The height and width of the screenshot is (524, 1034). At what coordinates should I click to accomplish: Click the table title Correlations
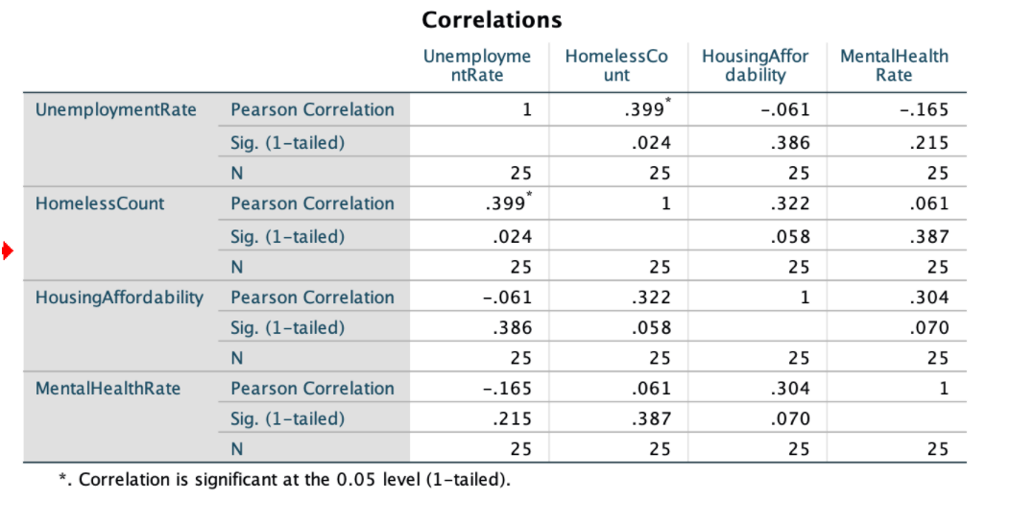(x=492, y=19)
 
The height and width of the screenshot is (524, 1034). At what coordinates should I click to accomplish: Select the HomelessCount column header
(x=616, y=65)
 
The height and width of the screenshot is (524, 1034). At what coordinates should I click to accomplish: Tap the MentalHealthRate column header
(x=894, y=65)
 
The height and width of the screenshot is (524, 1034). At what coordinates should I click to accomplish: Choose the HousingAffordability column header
(x=756, y=65)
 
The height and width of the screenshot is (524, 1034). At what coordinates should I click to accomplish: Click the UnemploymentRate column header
(x=476, y=65)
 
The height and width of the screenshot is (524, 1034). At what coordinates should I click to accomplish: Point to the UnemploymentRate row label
(x=116, y=109)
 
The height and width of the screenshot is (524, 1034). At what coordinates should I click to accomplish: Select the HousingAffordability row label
(x=119, y=298)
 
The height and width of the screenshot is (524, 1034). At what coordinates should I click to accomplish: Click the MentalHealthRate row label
(x=108, y=389)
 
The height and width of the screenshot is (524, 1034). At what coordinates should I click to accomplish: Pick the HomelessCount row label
(x=100, y=203)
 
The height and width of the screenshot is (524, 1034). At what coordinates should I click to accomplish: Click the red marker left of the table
(x=7, y=252)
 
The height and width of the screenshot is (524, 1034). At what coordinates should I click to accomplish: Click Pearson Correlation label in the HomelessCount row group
(x=312, y=203)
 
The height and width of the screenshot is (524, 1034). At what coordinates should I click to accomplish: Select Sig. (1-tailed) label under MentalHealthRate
(x=287, y=418)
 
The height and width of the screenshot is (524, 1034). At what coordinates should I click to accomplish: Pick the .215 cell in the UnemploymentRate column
(x=513, y=418)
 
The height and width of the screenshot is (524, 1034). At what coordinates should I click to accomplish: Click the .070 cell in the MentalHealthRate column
(x=930, y=327)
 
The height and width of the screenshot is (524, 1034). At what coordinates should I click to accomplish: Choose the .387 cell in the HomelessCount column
(x=652, y=418)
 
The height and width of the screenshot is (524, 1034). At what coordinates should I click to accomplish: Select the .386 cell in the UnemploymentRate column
(x=513, y=327)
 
